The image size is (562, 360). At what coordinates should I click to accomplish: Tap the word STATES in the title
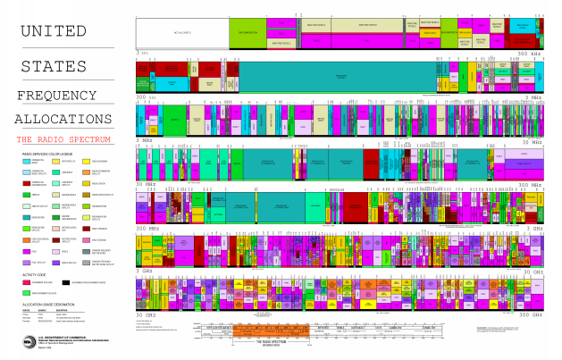tap(55, 65)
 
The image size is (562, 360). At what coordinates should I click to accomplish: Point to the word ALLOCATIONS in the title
tap(68, 119)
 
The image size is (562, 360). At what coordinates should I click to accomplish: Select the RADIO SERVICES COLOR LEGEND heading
tap(49, 154)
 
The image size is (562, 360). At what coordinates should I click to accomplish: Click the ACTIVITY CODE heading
tap(33, 275)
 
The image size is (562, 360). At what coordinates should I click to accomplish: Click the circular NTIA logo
tap(26, 342)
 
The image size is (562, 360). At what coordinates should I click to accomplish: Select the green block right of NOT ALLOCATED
tap(250, 33)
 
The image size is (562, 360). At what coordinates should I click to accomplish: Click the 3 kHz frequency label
tap(141, 53)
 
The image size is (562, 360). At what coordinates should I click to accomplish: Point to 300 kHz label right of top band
tap(530, 53)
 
